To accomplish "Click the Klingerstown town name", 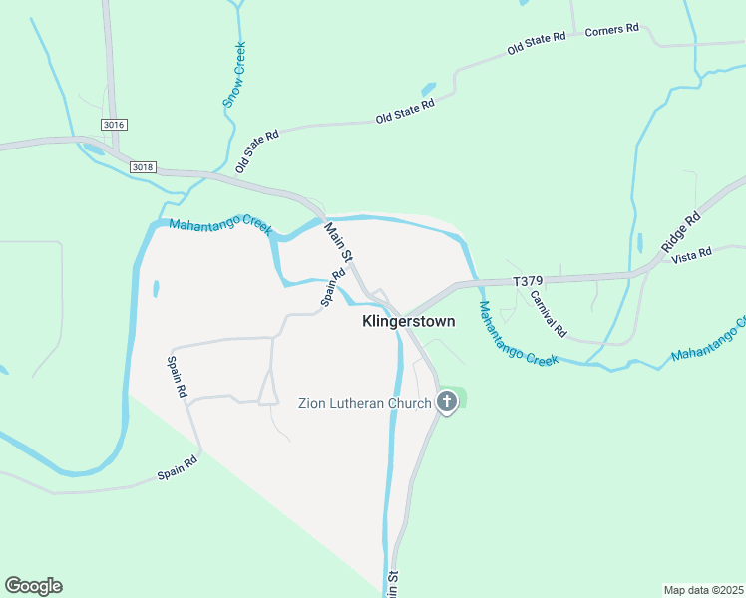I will click(407, 322).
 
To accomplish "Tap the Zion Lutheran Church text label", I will click(364, 403).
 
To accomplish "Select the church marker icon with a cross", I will click(447, 403).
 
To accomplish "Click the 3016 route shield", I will click(115, 124).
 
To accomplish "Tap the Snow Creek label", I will click(234, 75).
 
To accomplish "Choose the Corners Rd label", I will click(611, 30).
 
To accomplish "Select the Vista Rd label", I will click(692, 254).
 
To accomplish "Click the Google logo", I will click(33, 586).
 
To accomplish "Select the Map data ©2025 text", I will click(703, 590).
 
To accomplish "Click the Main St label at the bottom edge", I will click(393, 584).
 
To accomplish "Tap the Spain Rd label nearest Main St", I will click(332, 291).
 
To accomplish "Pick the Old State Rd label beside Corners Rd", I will click(537, 42).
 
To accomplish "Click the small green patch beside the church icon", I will click(461, 398).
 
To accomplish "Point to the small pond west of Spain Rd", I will click(156, 289).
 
